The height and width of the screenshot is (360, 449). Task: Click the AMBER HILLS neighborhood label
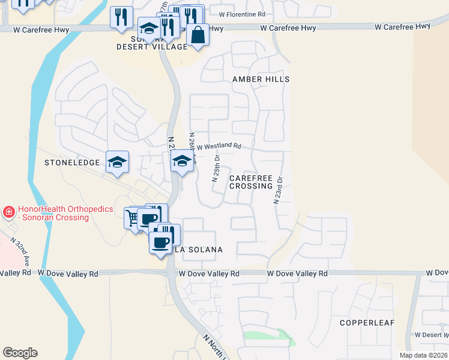(x=261, y=79)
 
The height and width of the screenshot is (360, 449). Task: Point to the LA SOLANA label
(x=199, y=250)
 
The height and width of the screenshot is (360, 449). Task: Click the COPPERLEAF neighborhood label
(x=367, y=323)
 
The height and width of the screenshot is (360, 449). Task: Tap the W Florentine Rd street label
(x=242, y=14)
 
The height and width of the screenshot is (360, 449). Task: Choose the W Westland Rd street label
(x=218, y=146)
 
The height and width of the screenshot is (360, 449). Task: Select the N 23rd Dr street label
(x=279, y=190)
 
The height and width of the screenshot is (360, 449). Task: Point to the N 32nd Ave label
(x=20, y=251)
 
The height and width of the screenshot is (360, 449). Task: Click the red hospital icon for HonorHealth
(x=8, y=211)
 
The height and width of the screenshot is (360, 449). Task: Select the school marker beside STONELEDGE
(x=118, y=161)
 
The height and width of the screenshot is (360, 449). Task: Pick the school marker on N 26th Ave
(x=182, y=160)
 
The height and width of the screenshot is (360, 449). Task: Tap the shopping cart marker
(x=133, y=217)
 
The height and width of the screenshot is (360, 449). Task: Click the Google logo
(x=20, y=353)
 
